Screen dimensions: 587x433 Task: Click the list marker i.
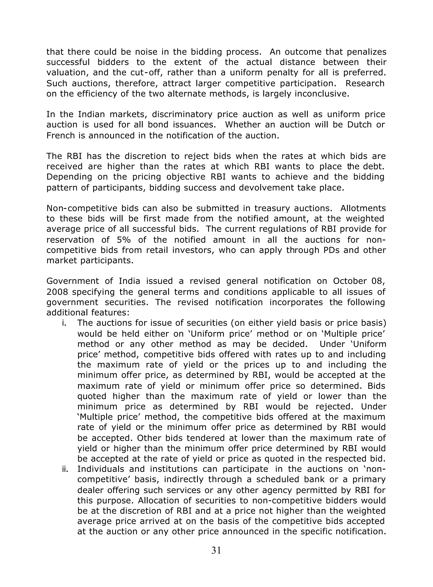tap(64, 323)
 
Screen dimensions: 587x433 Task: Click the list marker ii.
tap(65, 469)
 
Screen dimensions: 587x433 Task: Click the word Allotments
tap(363, 208)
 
